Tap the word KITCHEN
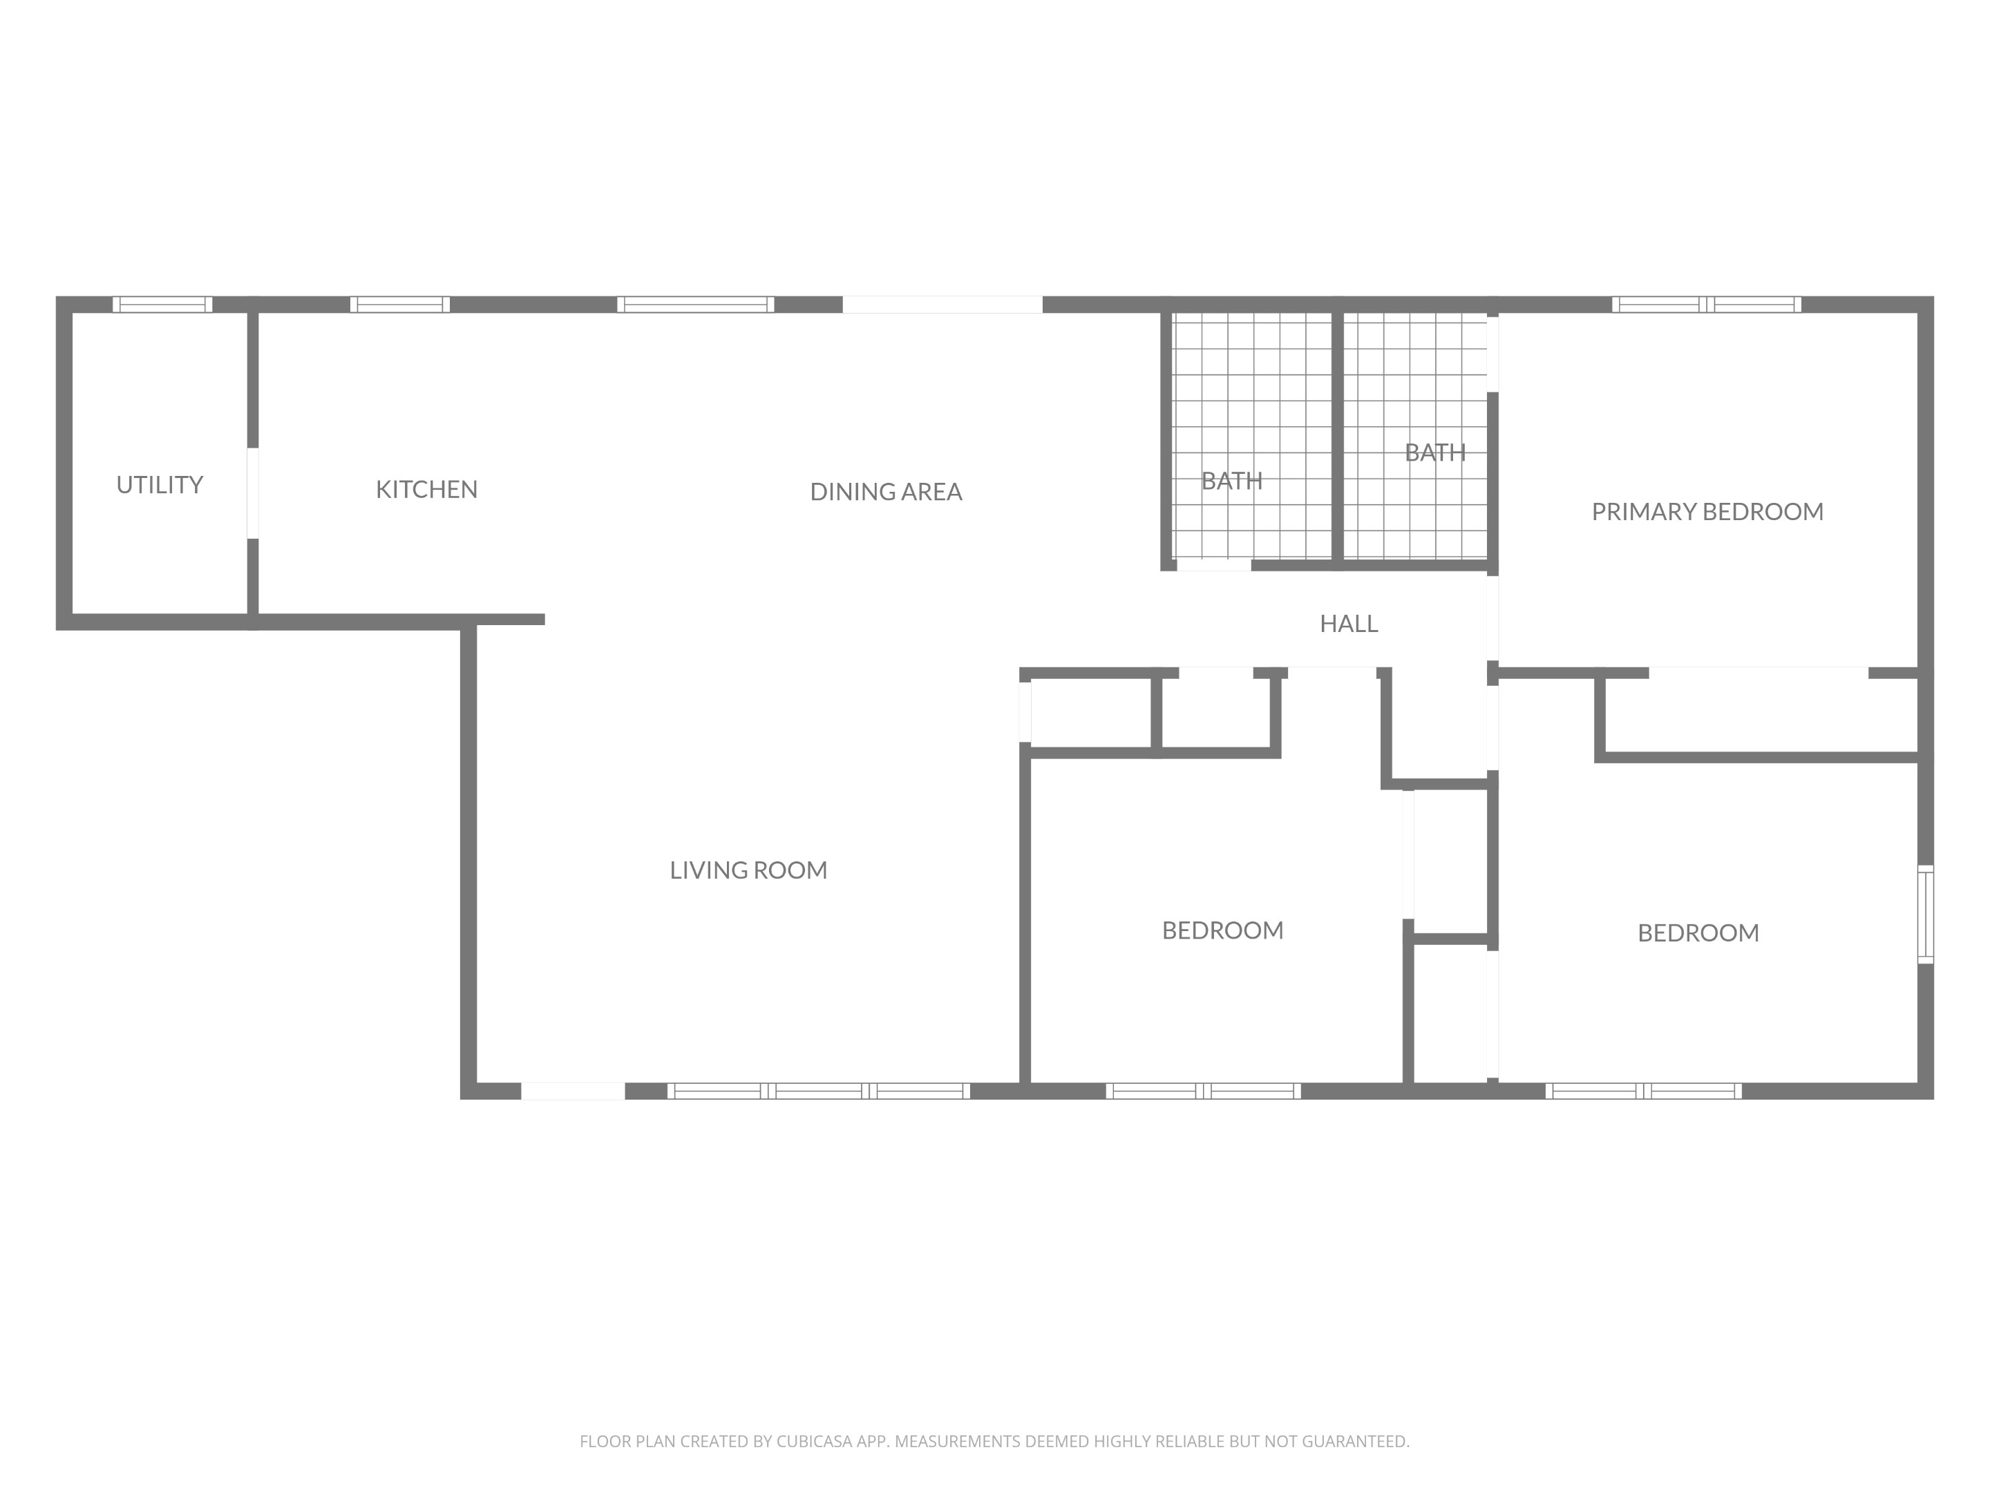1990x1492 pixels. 426,489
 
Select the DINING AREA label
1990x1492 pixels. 886,492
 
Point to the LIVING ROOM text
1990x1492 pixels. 748,870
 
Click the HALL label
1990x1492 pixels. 1349,623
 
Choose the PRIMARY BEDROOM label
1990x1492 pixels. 1707,512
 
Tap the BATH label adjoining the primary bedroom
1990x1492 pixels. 1435,452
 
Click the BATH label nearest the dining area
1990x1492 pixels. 1231,481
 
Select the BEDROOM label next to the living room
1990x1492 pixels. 1222,930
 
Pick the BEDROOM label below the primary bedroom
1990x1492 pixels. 1698,932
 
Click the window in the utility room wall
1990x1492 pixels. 163,304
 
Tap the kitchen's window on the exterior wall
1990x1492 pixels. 399,304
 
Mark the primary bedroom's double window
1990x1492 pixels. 1707,304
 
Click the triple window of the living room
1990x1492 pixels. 819,1091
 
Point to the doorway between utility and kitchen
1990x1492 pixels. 253,492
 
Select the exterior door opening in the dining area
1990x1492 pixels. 942,304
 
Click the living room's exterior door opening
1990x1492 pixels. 573,1091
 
